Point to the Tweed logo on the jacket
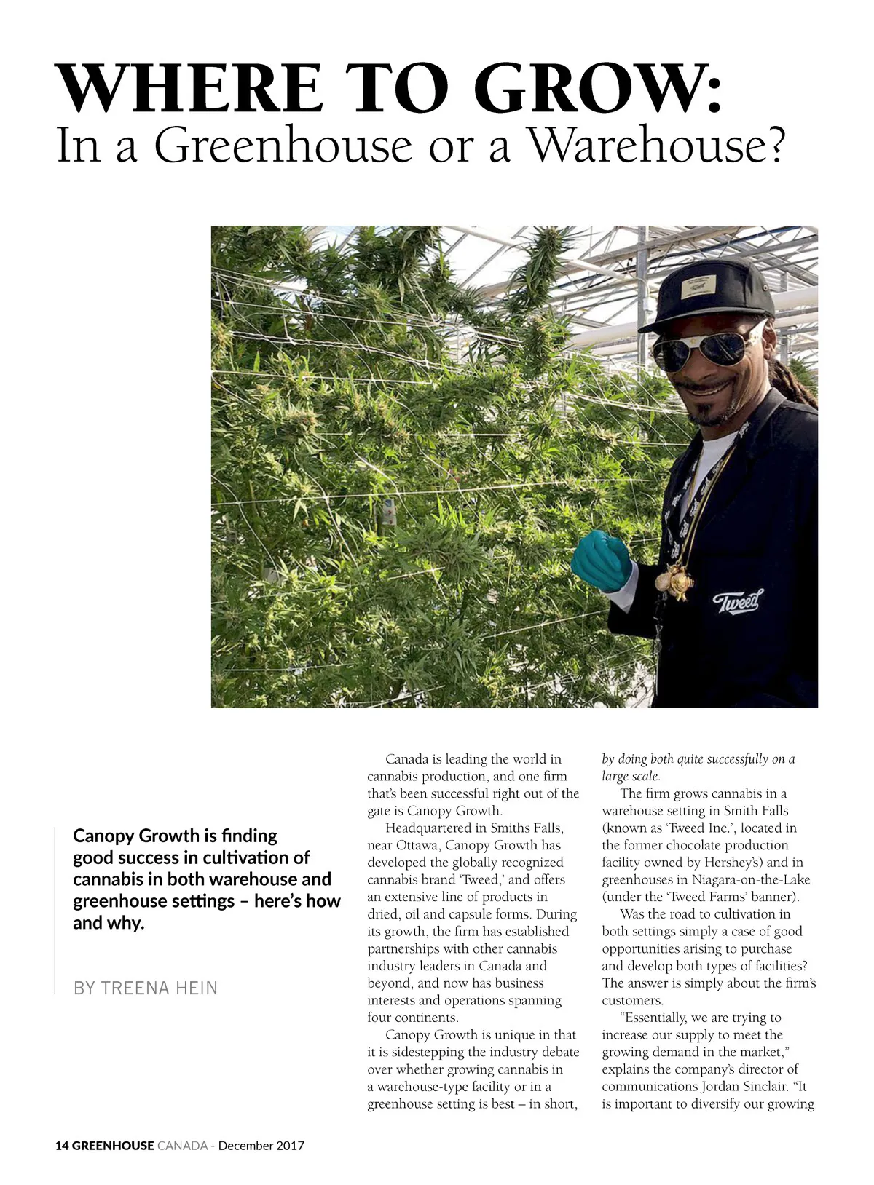click(737, 602)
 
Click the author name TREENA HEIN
click(159, 988)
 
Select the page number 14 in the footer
click(62, 1145)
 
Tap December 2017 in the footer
click(261, 1145)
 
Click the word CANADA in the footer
click(182, 1145)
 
